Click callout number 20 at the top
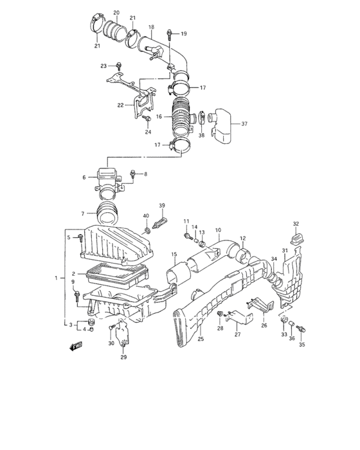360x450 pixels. (116, 13)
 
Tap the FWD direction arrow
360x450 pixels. (75, 346)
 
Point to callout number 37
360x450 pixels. (244, 123)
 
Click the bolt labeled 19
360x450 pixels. (169, 33)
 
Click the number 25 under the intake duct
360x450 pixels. (201, 338)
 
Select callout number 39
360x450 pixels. (162, 206)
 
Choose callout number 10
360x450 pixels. (218, 230)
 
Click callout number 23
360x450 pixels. (103, 66)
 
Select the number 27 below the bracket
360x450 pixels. (237, 334)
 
